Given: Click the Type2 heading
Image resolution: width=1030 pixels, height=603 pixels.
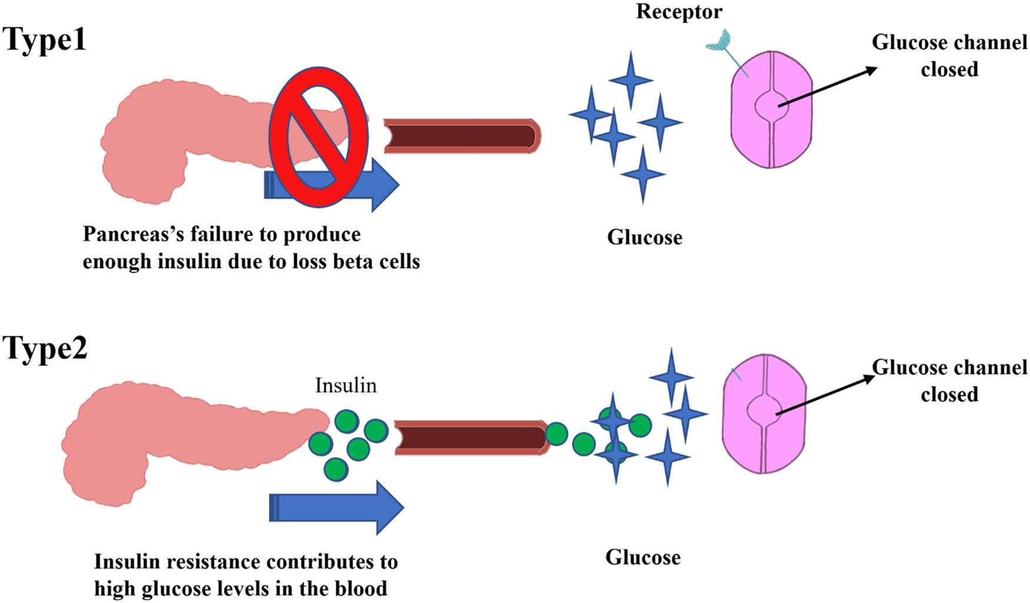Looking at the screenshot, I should pyautogui.click(x=45, y=349).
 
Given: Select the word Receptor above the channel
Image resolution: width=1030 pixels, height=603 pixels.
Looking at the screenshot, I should pyautogui.click(x=679, y=12).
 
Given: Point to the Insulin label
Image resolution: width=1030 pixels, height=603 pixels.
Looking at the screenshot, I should pyautogui.click(x=345, y=385).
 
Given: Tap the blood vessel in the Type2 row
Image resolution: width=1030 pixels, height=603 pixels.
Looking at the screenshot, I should pyautogui.click(x=471, y=438).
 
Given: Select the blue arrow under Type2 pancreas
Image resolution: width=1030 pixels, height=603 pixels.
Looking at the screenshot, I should pyautogui.click(x=336, y=508).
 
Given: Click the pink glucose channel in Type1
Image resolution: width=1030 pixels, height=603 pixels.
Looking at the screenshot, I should pyautogui.click(x=771, y=110).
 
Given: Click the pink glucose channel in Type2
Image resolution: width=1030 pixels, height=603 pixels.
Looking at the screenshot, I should pyautogui.click(x=764, y=413).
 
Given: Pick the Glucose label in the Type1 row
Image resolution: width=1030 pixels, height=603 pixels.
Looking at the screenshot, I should pyautogui.click(x=644, y=237).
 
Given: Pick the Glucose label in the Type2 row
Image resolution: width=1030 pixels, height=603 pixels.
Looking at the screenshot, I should pyautogui.click(x=643, y=557).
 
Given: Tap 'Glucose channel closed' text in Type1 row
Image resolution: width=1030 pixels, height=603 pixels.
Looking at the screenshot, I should pyautogui.click(x=949, y=55).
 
